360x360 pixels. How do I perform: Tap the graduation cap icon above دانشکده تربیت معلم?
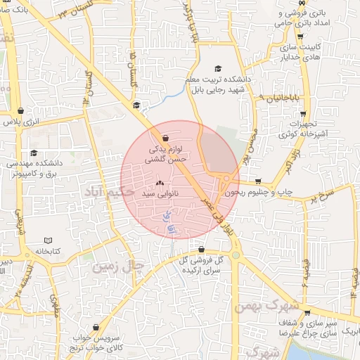click(218, 68)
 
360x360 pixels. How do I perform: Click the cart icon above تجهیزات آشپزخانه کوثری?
click(300, 112)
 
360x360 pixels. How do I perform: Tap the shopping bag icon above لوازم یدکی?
click(165, 138)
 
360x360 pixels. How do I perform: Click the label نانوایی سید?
click(155, 192)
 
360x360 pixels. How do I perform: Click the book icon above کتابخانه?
click(47, 240)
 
